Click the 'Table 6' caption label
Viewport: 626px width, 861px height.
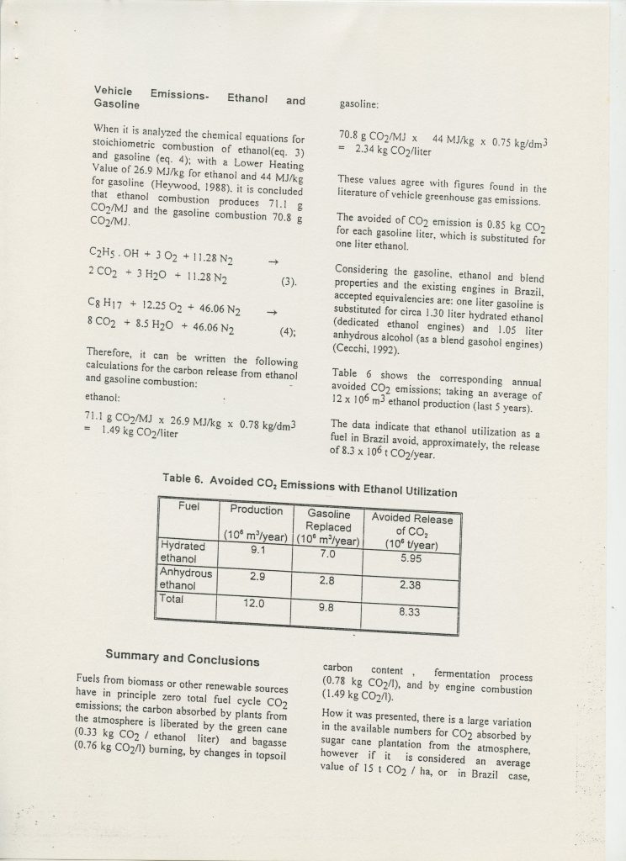[x=188, y=479]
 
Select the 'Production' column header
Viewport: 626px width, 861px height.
[x=257, y=510]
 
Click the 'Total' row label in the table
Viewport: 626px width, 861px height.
[x=173, y=600]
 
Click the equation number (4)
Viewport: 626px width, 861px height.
[x=288, y=331]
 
